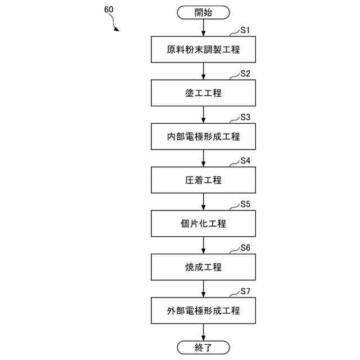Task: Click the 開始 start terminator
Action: pyautogui.click(x=203, y=12)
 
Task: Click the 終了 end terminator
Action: pyautogui.click(x=203, y=347)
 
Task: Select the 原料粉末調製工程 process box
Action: pyautogui.click(x=203, y=49)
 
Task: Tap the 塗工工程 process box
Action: pyautogui.click(x=203, y=93)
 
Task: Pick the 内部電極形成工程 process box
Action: pyautogui.click(x=203, y=137)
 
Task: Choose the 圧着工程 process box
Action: pyautogui.click(x=203, y=180)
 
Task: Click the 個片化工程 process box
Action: pyautogui.click(x=203, y=223)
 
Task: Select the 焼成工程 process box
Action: pyautogui.click(x=203, y=267)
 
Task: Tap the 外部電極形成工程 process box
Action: pyautogui.click(x=203, y=310)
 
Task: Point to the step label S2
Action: pyautogui.click(x=245, y=74)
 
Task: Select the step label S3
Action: pyautogui.click(x=245, y=117)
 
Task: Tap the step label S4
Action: pyautogui.click(x=245, y=160)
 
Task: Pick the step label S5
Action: pyautogui.click(x=245, y=204)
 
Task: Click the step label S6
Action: pyautogui.click(x=245, y=247)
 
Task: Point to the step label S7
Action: pyautogui.click(x=245, y=291)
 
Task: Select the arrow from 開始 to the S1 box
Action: pyautogui.click(x=203, y=28)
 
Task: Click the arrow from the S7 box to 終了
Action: pyautogui.click(x=203, y=332)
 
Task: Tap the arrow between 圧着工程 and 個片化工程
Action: pyautogui.click(x=203, y=201)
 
